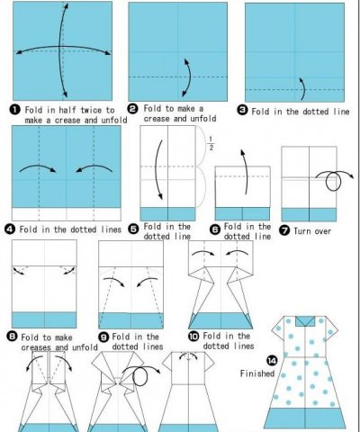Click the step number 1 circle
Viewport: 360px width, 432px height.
[15, 110]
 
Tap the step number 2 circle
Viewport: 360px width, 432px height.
[133, 109]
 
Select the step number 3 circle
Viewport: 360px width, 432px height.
[242, 111]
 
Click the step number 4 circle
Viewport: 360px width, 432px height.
[10, 229]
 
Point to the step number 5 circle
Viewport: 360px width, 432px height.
[133, 229]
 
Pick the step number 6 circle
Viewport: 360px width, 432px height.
[215, 230]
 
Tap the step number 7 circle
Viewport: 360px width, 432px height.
[284, 230]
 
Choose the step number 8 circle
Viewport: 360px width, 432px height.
[12, 337]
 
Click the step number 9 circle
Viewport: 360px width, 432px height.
[103, 337]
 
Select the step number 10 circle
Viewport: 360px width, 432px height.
[193, 336]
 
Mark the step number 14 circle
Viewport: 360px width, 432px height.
[272, 360]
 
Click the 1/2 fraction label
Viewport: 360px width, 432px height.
[211, 143]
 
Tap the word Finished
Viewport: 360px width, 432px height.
[257, 373]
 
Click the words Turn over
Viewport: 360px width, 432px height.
[312, 231]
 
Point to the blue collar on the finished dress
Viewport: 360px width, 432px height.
[305, 321]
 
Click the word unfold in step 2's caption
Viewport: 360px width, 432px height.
[203, 119]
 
